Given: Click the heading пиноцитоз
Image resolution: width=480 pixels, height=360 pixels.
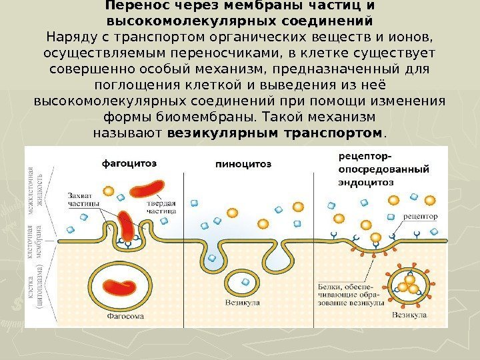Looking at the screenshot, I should pyautogui.click(x=243, y=163).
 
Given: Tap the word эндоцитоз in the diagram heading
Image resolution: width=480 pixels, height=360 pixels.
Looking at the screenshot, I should pyautogui.click(x=366, y=181).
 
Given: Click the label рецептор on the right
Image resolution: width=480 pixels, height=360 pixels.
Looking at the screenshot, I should pyautogui.click(x=421, y=217).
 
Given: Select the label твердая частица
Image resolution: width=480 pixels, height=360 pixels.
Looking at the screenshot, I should pyautogui.click(x=161, y=205).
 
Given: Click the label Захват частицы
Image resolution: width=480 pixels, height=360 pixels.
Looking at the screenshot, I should pyautogui.click(x=84, y=199).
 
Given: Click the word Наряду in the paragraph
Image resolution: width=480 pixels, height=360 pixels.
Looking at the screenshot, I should pyautogui.click(x=71, y=35).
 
